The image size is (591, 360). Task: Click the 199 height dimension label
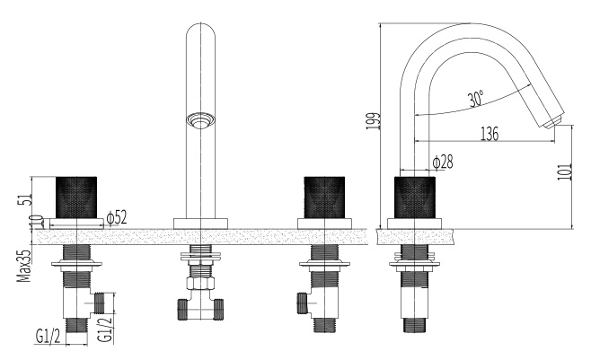tap(373, 121)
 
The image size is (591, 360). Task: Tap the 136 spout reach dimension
tap(490, 134)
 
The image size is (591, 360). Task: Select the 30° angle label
tap(476, 99)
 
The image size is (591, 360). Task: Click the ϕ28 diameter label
tap(443, 162)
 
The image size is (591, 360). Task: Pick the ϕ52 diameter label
tap(117, 218)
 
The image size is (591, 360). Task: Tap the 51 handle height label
tap(24, 199)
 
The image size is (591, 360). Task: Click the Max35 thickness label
tap(23, 267)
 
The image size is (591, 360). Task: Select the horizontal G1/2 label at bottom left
tap(48, 336)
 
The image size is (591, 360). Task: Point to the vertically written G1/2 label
tap(106, 329)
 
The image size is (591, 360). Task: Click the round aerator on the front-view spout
tap(200, 120)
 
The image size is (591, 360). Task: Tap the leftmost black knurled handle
tap(76, 197)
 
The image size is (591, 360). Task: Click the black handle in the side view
tap(415, 198)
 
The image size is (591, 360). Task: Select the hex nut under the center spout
tap(200, 283)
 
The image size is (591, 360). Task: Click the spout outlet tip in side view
tap(553, 121)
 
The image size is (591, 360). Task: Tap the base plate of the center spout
tap(200, 224)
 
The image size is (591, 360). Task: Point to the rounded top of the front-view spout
tap(201, 31)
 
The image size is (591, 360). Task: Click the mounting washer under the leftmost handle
tap(76, 264)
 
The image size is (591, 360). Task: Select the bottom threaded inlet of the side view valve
tap(415, 325)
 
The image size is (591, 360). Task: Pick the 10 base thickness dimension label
tap(37, 222)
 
